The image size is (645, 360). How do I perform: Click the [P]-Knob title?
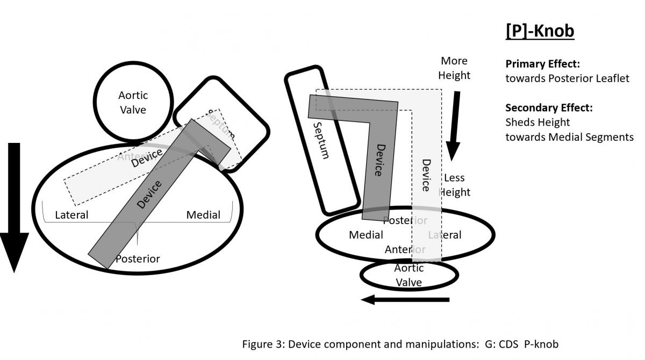[540, 31]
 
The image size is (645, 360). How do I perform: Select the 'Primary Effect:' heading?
[542, 63]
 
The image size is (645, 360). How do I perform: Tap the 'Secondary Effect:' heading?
[549, 107]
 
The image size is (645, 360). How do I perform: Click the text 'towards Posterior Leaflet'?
[567, 78]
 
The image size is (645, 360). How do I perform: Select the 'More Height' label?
[454, 68]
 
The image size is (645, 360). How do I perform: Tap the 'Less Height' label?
[455, 185]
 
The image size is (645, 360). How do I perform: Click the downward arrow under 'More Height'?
[454, 126]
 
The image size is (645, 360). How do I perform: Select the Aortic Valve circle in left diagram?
[133, 102]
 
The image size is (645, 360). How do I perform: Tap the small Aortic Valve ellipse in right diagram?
[409, 275]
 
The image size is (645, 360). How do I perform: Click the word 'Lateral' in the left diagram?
[72, 215]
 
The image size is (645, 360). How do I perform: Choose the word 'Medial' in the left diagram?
[203, 215]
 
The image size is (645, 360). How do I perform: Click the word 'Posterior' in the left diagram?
[138, 258]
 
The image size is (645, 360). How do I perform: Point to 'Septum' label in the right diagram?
[320, 140]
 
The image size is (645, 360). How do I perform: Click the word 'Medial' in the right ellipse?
[366, 235]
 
